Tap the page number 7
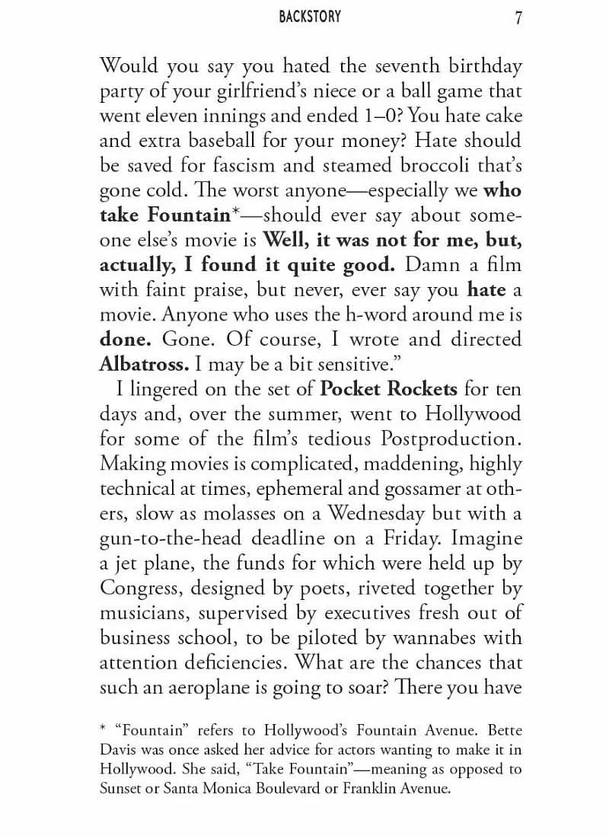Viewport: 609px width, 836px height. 518,18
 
